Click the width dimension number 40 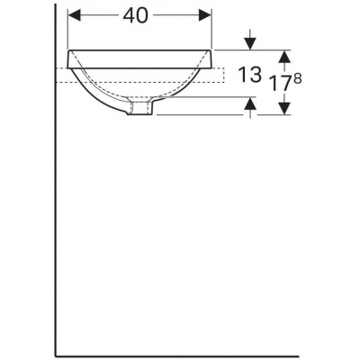click(136, 15)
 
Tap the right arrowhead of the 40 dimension click(205, 15)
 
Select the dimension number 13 click(249, 75)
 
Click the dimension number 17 click(280, 83)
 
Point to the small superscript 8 click(297, 78)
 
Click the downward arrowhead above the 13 click(250, 44)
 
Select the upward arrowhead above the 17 click(284, 57)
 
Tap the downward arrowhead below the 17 click(284, 108)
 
